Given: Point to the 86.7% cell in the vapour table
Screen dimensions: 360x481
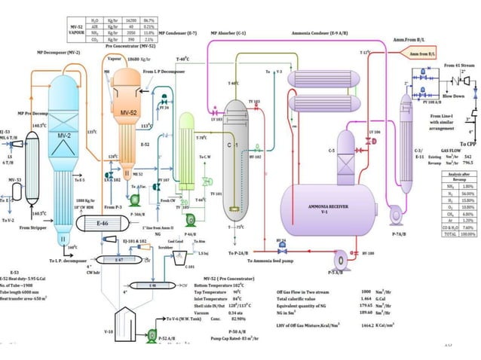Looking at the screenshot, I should click(x=170, y=20).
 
